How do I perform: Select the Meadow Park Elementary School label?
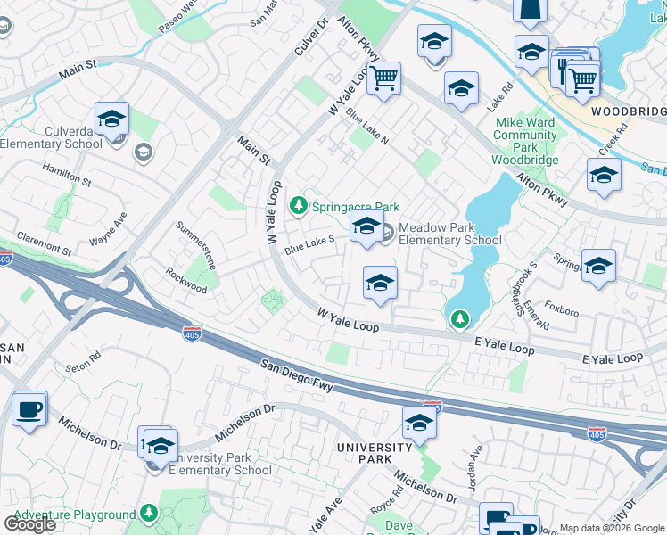point(449,234)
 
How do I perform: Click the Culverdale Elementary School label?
point(51,137)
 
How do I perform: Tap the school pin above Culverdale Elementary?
point(112,119)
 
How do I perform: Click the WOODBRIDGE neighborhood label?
point(629,111)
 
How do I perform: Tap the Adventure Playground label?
point(75,514)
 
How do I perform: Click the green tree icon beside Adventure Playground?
point(149,514)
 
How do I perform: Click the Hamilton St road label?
point(67,174)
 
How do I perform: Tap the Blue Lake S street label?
point(309,245)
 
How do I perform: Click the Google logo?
point(29,523)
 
